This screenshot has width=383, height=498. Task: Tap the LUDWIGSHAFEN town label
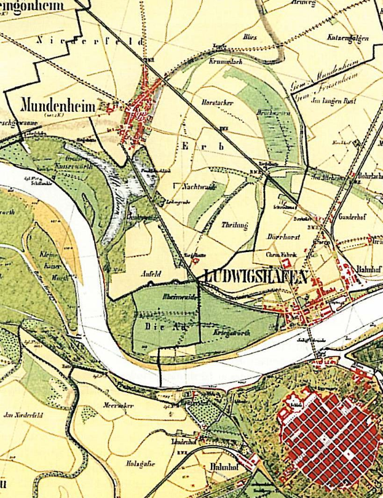tap(253, 278)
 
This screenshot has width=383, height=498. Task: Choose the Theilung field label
tap(234, 226)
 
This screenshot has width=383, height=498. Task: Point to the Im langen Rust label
tap(331, 99)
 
